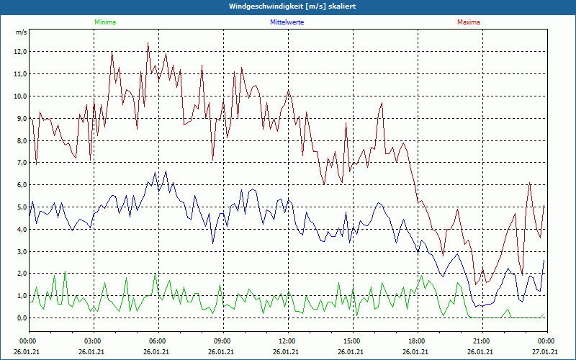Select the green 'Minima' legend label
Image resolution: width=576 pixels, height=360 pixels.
point(104,22)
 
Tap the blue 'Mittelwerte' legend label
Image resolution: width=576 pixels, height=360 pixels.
point(287,22)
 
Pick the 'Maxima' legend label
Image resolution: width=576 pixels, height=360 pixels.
point(468,22)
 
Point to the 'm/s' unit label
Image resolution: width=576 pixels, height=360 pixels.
point(21,32)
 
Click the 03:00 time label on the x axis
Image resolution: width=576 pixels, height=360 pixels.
point(93,341)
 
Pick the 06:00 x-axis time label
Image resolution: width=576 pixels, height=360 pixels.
point(158,341)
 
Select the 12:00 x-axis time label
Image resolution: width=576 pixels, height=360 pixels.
point(287,341)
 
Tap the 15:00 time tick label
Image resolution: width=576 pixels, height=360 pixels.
point(351,341)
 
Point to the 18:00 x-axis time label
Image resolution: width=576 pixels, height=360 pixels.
point(416,341)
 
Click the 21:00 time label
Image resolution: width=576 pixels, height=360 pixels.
point(481,341)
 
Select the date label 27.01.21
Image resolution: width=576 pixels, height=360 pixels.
point(545,352)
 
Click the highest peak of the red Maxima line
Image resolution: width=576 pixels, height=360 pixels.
point(148,43)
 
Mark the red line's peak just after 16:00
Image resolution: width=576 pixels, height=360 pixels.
point(382,103)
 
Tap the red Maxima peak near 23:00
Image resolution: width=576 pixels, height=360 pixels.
point(529,183)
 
